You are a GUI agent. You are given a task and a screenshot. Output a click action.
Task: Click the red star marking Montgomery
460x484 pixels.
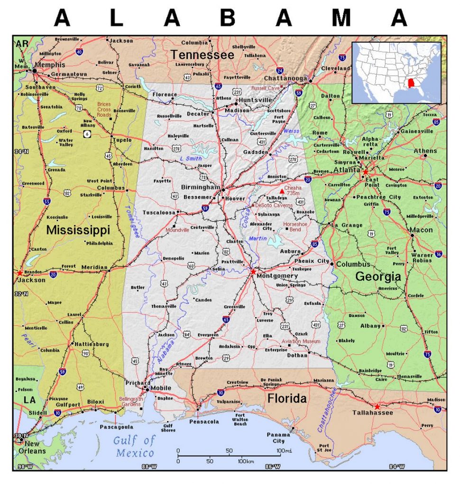(x=253, y=272)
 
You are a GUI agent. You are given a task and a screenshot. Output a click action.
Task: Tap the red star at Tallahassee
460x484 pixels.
(x=377, y=407)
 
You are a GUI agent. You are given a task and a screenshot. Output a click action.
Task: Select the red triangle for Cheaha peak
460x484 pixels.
(x=282, y=191)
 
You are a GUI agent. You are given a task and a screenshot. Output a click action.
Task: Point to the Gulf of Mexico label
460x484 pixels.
(x=134, y=446)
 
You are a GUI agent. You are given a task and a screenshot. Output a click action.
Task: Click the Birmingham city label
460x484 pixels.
(x=201, y=187)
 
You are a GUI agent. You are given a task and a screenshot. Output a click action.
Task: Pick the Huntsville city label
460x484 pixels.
(x=256, y=100)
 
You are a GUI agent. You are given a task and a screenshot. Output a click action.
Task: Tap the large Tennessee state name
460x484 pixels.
(x=202, y=55)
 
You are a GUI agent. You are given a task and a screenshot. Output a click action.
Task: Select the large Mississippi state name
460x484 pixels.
(x=78, y=230)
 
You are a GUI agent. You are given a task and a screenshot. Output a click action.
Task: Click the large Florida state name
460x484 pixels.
(x=287, y=399)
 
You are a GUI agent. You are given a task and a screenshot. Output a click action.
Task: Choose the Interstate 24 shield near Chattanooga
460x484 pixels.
(x=280, y=71)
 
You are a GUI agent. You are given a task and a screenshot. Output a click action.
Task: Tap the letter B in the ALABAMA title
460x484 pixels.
(x=228, y=18)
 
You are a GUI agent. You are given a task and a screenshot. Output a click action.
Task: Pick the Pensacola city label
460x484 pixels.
(x=204, y=421)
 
